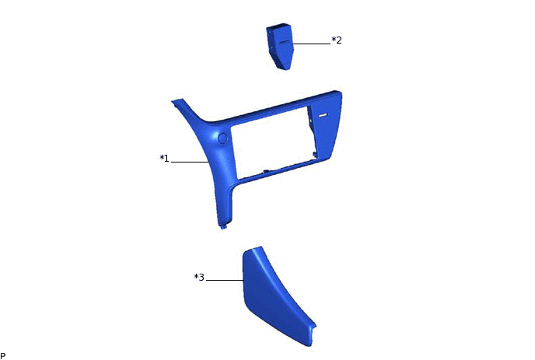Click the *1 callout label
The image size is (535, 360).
pos(164,159)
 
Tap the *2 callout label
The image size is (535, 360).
pos(337,40)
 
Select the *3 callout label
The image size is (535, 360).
pos(199,277)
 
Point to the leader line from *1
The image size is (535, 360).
pos(190,162)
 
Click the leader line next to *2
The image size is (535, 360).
pos(312,44)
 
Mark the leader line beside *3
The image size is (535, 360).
pos(225,280)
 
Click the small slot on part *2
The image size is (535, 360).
pos(285,43)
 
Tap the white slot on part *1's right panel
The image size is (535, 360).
pos(323,115)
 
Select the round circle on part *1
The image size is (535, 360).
pos(222,138)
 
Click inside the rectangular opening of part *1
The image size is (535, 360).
pos(271,143)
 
